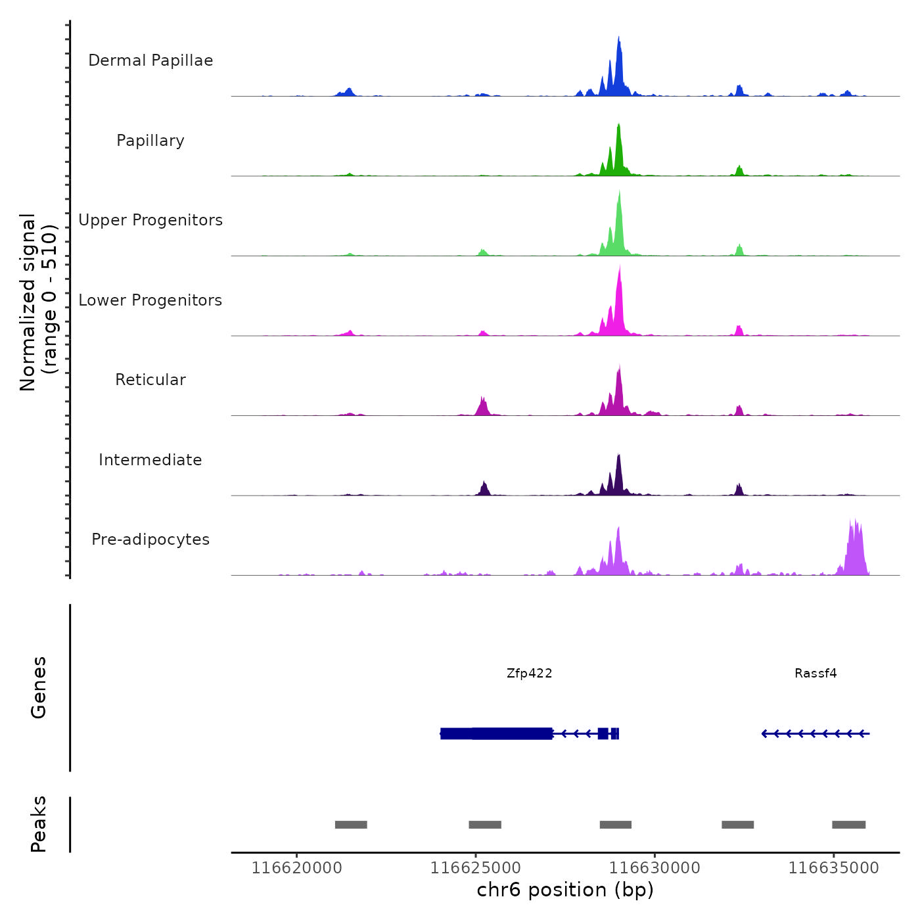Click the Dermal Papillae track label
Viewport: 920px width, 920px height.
[x=150, y=60]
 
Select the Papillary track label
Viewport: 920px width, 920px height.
[x=150, y=141]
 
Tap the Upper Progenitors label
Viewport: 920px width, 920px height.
[x=150, y=220]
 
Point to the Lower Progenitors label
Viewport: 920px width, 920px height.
[x=150, y=300]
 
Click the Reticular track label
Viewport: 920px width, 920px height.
[x=150, y=380]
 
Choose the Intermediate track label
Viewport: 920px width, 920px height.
[x=150, y=460]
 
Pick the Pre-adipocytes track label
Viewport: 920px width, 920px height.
[x=150, y=540]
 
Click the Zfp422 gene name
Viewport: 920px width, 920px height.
[x=529, y=673]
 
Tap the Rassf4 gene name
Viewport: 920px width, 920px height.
[x=816, y=673]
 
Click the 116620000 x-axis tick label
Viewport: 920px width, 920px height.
[x=297, y=868]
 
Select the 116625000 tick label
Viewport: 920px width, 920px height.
[x=476, y=868]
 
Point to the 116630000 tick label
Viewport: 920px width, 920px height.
[x=655, y=868]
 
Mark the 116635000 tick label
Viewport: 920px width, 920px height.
[x=833, y=868]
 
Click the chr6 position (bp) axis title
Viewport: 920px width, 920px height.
[x=565, y=890]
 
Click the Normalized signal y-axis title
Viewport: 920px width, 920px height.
[x=38, y=302]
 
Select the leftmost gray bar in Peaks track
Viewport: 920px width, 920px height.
[x=351, y=825]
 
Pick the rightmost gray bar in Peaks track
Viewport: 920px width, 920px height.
[x=848, y=825]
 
